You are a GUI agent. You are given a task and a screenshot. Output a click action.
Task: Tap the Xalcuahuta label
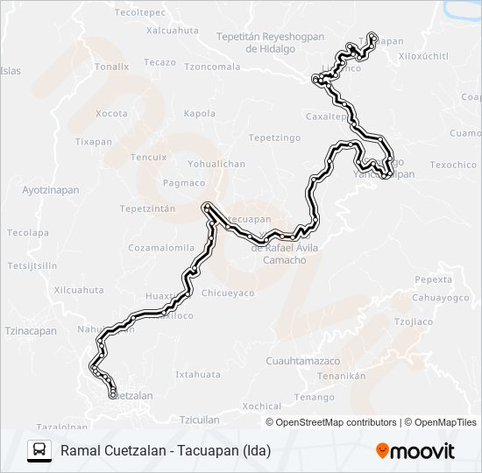pos(173,30)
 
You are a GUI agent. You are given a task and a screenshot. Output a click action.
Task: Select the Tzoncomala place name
pos(212,67)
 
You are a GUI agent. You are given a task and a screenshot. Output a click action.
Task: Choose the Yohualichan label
pos(216,164)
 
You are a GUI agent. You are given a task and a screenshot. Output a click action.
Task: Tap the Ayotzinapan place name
pos(50,189)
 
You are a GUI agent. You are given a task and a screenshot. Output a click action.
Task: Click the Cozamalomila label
pos(161,248)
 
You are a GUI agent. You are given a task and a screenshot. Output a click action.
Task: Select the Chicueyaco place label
pos(228,293)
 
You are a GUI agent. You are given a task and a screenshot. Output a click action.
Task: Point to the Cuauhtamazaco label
pos(302,361)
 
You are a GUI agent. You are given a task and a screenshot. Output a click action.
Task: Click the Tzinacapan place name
pos(31,331)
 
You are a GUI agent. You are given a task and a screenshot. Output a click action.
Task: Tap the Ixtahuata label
pos(198,374)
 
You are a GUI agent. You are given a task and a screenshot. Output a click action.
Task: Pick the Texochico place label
pos(453,165)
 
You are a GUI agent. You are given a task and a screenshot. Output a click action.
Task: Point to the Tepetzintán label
pos(148,208)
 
